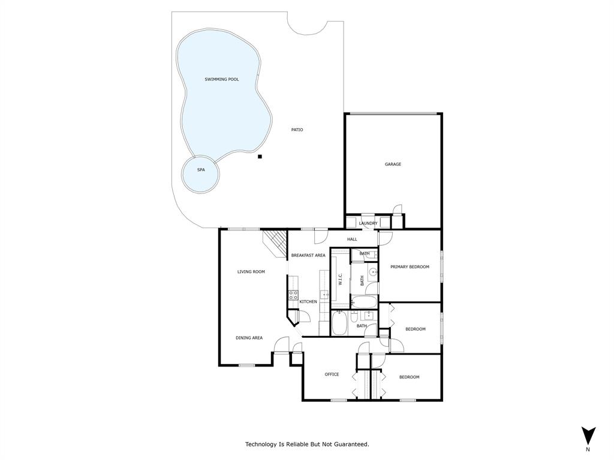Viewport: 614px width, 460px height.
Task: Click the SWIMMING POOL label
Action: tap(222, 79)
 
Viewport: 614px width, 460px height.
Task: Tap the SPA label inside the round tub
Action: tap(201, 170)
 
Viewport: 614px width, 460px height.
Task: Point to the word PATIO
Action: tap(297, 129)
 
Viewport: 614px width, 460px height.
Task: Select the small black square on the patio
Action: tap(260, 157)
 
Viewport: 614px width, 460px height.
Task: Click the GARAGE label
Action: tap(393, 164)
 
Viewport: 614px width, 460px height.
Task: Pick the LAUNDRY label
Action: tap(368, 223)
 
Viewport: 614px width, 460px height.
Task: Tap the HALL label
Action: tap(352, 239)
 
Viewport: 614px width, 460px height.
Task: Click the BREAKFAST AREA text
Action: tap(308, 255)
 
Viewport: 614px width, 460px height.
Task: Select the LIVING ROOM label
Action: tap(251, 272)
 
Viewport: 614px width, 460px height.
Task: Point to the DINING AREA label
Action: tap(249, 338)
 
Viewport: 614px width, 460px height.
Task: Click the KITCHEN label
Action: tap(308, 301)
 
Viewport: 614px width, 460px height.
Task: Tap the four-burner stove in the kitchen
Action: tap(293, 295)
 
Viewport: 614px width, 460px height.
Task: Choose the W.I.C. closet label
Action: tap(340, 279)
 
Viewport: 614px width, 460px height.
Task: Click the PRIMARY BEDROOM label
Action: tap(410, 267)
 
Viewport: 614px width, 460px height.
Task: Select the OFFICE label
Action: tap(332, 374)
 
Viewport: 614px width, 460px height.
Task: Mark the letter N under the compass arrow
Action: tap(588, 449)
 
